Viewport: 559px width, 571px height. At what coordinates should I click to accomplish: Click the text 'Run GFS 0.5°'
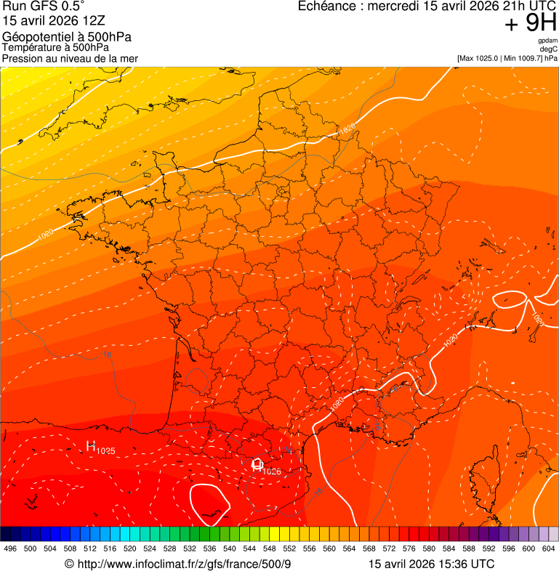[43, 7]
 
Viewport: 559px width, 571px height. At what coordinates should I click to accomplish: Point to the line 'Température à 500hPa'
[55, 48]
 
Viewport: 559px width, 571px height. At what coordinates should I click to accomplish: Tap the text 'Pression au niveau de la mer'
[70, 58]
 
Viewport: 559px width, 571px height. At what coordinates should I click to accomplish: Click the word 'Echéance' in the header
[327, 7]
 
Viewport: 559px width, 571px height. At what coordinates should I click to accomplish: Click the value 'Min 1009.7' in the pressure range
[522, 58]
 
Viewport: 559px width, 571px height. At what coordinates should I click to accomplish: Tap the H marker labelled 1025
[92, 446]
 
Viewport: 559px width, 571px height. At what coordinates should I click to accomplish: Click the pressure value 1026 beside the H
[271, 471]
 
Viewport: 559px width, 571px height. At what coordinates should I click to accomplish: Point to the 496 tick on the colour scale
[10, 549]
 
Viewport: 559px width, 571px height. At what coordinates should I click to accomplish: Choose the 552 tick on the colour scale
[289, 549]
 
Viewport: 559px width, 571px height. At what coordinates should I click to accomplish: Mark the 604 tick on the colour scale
[549, 549]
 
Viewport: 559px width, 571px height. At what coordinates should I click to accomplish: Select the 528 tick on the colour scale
[169, 549]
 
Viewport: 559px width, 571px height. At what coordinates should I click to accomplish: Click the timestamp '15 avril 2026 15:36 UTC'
[432, 564]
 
